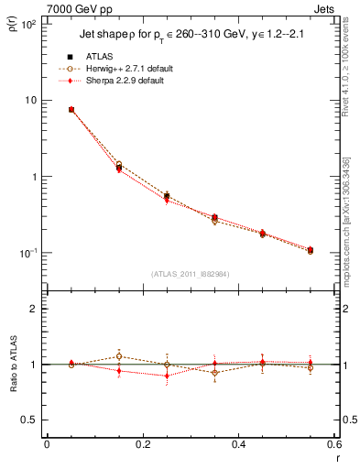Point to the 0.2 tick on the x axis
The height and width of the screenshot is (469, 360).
pyautogui.click(x=143, y=444)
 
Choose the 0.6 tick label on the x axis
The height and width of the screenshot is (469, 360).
pyautogui.click(x=334, y=444)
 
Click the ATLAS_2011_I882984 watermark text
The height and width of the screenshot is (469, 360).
pyautogui.click(x=191, y=273)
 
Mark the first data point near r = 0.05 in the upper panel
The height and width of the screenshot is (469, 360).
pyautogui.click(x=71, y=109)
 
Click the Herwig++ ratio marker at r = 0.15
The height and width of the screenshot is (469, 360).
pyautogui.click(x=119, y=356)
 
